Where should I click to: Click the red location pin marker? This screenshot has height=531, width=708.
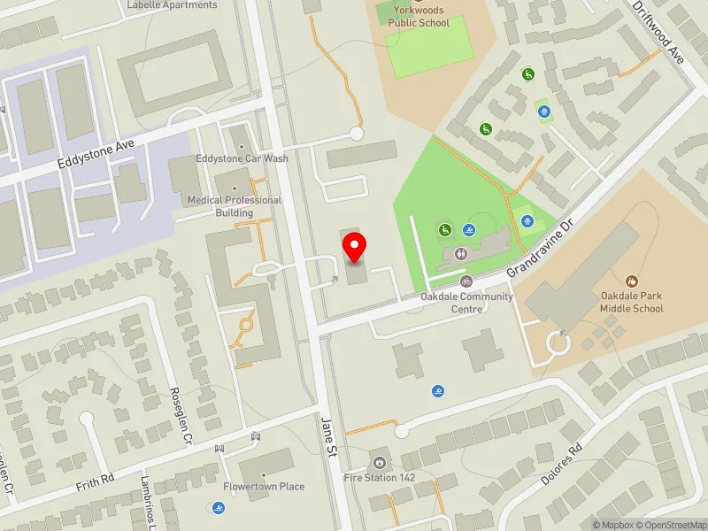355,248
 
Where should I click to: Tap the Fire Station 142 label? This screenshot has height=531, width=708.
379,477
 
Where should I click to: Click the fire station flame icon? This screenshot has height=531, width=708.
379,462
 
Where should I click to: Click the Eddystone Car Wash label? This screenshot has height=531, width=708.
242,158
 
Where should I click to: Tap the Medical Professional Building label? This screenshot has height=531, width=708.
234,206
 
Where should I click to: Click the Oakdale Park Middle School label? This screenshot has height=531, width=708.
631,303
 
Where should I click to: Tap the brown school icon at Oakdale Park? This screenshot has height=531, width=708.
631,281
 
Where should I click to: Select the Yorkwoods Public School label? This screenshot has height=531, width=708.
419,17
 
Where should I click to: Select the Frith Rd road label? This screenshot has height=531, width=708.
96,479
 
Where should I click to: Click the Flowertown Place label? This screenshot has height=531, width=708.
264,487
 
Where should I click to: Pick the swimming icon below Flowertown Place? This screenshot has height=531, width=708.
218,508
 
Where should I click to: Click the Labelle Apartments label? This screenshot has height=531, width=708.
172,5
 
